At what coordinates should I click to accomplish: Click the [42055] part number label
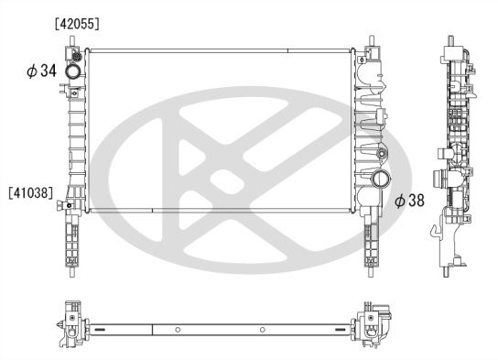click(x=76, y=22)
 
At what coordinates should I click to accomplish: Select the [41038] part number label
click(x=30, y=192)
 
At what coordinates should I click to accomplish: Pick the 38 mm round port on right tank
click(x=379, y=179)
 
